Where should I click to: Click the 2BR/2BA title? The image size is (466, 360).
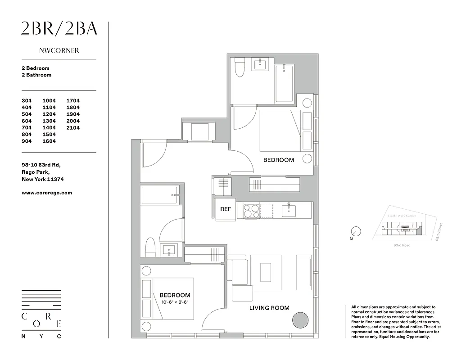click(x=59, y=29)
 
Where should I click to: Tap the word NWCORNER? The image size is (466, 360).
click(x=59, y=51)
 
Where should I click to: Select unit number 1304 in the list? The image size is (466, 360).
click(x=49, y=121)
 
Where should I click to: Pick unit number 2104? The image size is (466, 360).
click(x=73, y=128)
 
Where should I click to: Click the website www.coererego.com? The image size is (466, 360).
click(x=46, y=193)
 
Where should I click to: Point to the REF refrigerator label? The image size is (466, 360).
click(x=226, y=209)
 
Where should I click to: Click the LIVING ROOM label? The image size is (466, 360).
click(x=269, y=308)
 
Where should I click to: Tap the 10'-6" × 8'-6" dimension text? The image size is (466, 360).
click(x=174, y=302)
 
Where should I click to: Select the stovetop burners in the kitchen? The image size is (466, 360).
click(x=251, y=211)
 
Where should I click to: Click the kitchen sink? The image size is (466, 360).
click(x=288, y=210)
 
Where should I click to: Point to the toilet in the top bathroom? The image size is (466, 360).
click(x=240, y=68)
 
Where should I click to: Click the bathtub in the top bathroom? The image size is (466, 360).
click(x=284, y=83)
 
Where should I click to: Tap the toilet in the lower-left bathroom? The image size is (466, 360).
click(x=150, y=247)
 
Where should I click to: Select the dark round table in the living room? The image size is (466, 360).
click(x=300, y=321)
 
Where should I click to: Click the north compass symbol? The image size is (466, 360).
click(x=356, y=232)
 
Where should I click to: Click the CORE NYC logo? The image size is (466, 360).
click(x=41, y=314)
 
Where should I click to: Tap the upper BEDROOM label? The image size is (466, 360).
click(x=278, y=160)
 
